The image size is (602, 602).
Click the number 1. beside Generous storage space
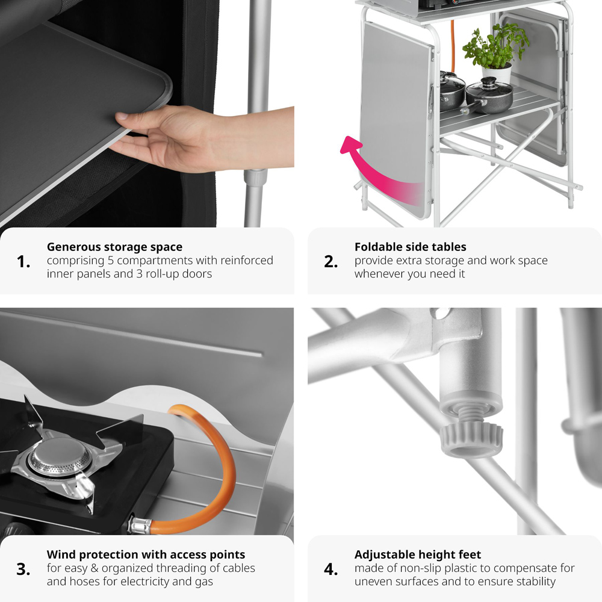[x=23, y=262]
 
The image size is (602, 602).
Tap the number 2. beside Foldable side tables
[x=331, y=262]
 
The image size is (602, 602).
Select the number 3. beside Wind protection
[x=23, y=569]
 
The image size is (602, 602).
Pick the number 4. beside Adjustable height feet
[x=331, y=569]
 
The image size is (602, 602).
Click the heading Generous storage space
[x=114, y=247]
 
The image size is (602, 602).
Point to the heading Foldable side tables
[x=411, y=246]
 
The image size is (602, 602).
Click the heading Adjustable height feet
[x=418, y=555]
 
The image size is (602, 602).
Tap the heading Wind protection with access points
[x=146, y=555]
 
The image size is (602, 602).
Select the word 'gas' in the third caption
[x=203, y=582]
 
